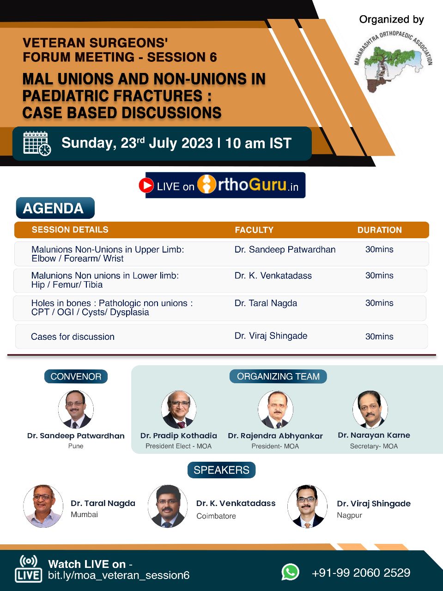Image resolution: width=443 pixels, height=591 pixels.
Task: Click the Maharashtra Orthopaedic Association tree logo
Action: pos(393,61)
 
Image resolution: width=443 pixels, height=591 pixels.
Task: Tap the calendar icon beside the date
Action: pos(37,144)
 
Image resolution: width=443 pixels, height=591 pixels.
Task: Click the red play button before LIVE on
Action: pos(146,185)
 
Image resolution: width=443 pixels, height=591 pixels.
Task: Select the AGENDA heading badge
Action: pos(55,208)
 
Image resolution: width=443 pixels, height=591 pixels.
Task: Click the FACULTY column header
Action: pos(254,230)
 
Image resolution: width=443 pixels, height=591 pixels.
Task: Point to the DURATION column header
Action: pos(379,230)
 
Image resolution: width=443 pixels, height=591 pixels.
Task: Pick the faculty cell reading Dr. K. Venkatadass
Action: pos(273,276)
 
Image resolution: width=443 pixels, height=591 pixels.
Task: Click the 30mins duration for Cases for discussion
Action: pos(379,337)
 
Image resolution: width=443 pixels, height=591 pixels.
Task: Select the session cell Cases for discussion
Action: pos(73,337)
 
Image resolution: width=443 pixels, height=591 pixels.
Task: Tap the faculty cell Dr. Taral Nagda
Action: pos(266,303)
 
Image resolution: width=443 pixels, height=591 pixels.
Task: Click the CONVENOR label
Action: pos(76,376)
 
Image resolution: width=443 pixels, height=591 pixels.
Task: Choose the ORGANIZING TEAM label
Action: pos(278,376)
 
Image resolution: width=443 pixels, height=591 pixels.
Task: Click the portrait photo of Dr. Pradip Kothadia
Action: pos(179,409)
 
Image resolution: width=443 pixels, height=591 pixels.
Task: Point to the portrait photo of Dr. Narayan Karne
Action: pos(370,409)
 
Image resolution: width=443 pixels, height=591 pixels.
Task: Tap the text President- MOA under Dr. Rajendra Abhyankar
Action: pos(275,446)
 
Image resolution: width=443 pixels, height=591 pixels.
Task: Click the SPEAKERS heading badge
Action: pos(221,470)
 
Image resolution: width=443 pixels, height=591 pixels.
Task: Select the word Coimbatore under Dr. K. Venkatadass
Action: pos(216,516)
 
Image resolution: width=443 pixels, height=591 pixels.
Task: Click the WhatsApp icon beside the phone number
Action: pos(290,572)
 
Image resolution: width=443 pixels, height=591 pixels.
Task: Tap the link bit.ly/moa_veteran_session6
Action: pos(119,575)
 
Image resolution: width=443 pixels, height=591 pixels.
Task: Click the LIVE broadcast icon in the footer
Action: pos(28,568)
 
